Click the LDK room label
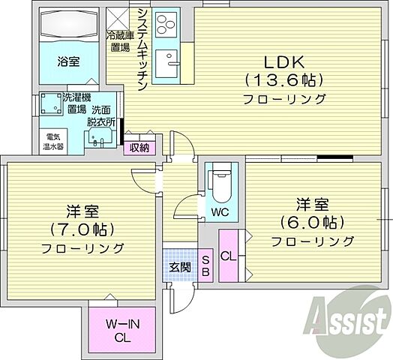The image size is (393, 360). [283, 61]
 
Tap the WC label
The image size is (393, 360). [220, 212]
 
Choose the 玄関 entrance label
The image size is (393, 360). [179, 267]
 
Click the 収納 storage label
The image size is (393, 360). [139, 147]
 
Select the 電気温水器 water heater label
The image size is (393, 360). [54, 142]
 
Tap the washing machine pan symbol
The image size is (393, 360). [52, 104]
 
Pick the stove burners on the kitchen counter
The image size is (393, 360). [165, 25]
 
